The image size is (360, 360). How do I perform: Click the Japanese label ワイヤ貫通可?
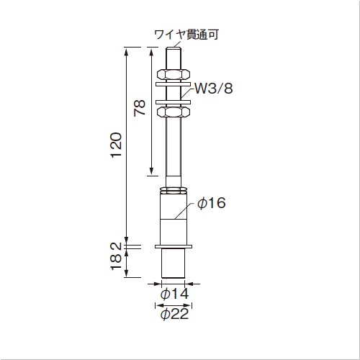(x=186, y=35)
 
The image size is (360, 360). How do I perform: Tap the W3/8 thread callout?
(x=213, y=89)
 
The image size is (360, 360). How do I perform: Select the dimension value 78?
(x=140, y=108)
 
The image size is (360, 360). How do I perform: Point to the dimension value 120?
(x=116, y=145)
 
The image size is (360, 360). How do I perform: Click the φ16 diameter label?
(x=212, y=203)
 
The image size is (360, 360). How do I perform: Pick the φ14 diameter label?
(x=174, y=294)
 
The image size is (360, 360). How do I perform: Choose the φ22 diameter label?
(x=174, y=314)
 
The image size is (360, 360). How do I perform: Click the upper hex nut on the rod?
(x=173, y=74)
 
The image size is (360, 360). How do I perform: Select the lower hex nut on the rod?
(x=173, y=112)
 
